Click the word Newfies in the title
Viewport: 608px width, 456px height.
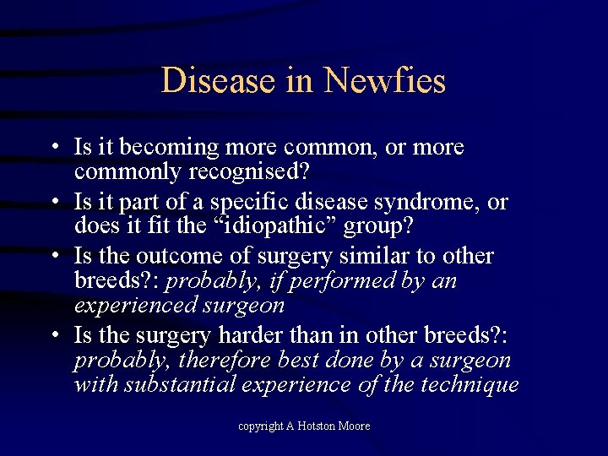point(385,81)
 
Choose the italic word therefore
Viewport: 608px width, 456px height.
point(220,360)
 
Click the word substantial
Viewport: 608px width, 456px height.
point(180,384)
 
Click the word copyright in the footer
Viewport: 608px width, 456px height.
point(259,426)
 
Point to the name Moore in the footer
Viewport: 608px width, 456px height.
point(356,426)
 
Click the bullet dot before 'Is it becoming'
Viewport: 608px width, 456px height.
point(53,148)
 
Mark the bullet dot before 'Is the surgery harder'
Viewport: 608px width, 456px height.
point(53,335)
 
